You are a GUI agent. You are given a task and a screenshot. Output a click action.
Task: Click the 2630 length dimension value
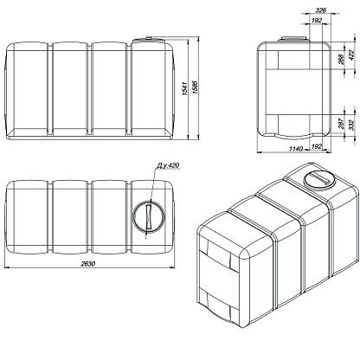[87, 264]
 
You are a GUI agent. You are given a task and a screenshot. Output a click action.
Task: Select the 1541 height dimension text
[185, 88]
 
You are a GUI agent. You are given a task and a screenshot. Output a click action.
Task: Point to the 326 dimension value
[320, 10]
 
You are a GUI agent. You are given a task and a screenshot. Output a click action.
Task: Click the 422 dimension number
[351, 55]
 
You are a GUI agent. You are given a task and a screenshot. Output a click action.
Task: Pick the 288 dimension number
[340, 59]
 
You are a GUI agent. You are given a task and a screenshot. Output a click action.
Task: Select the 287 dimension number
[340, 123]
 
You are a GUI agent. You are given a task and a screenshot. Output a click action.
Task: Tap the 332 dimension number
[351, 125]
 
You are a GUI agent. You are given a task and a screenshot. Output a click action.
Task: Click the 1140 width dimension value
[296, 149]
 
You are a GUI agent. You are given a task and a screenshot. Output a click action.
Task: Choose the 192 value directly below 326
[317, 20]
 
